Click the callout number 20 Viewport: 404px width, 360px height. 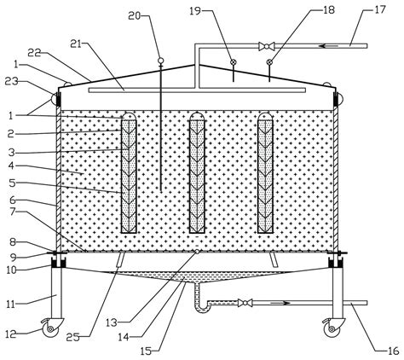[x=135, y=16]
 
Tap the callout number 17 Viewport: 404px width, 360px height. [x=380, y=9]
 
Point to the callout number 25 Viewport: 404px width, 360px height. [x=72, y=337]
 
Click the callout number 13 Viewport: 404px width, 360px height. [x=112, y=322]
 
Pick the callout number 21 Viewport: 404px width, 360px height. [x=76, y=44]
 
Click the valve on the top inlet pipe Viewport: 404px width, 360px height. [x=267, y=46]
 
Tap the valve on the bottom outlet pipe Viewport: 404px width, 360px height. [x=245, y=303]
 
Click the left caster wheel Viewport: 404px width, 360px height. [x=50, y=329]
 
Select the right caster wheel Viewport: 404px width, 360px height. [x=332, y=329]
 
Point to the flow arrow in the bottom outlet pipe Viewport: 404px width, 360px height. [x=280, y=303]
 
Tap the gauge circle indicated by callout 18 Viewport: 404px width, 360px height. [x=269, y=62]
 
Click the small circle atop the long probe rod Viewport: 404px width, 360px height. [x=160, y=61]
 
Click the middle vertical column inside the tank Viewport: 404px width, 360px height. [x=197, y=172]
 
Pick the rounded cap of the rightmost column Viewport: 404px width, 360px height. [x=265, y=116]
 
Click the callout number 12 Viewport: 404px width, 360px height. [x=12, y=334]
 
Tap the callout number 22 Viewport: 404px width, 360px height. [x=35, y=53]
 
